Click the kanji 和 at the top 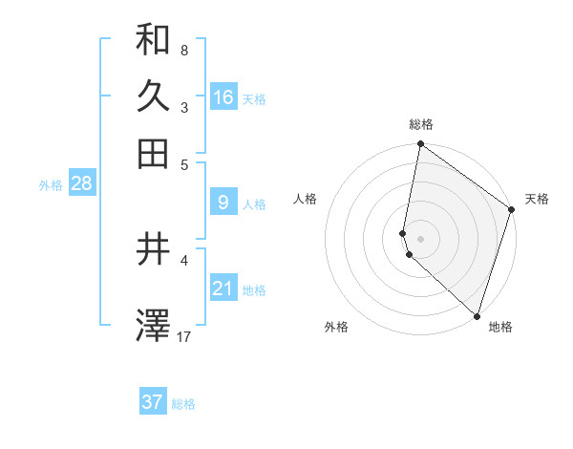pos(153,40)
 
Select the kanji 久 pos(153,96)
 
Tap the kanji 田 pos(153,153)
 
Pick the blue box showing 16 pos(223,97)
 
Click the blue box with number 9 pos(223,202)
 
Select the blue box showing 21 pos(223,289)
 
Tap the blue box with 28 pos(81,184)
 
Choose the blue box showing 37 pos(153,402)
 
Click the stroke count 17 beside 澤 pos(184,336)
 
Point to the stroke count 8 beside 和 pos(184,50)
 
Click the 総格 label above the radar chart pos(421,124)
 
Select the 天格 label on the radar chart pos(537,199)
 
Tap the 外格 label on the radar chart pos(336,327)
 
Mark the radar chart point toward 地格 pos(477,315)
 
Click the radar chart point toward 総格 pos(420,145)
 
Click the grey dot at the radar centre pos(420,238)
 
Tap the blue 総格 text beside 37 pos(183,404)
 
